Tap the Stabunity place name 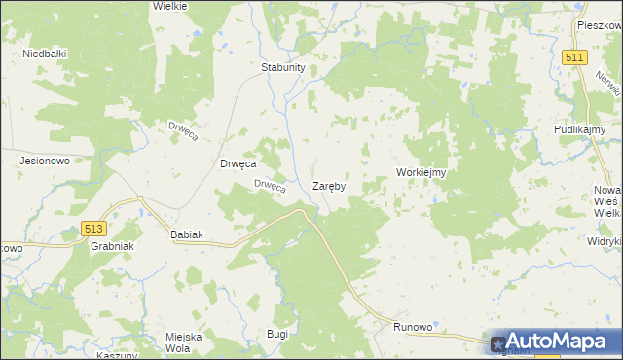tap(283, 67)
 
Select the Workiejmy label tap(421, 172)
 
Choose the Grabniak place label tap(111, 246)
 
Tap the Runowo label tap(412, 328)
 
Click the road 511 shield tap(574, 58)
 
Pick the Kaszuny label tap(117, 355)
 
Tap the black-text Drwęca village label tap(238, 163)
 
